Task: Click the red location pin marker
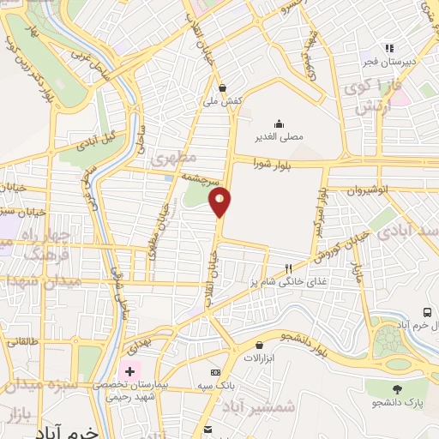click(220, 202)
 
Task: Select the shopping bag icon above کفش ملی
click(223, 87)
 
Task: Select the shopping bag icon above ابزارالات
click(260, 346)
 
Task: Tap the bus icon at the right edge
click(427, 313)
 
